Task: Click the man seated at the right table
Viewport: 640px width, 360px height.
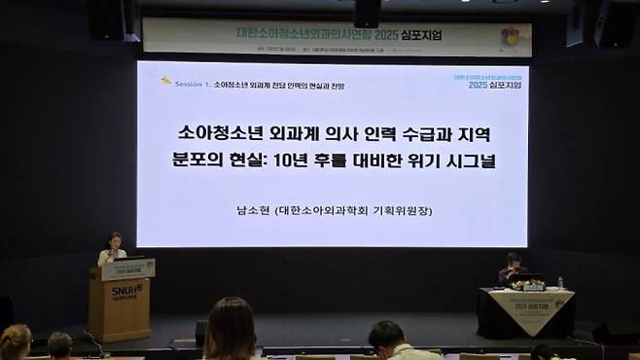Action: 509,269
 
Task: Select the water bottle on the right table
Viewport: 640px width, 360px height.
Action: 559,282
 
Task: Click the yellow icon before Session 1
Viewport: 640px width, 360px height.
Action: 166,81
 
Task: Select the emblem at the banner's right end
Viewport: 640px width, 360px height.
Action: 514,36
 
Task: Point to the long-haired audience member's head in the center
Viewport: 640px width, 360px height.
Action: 231,326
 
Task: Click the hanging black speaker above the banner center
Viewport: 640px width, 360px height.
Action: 367,13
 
